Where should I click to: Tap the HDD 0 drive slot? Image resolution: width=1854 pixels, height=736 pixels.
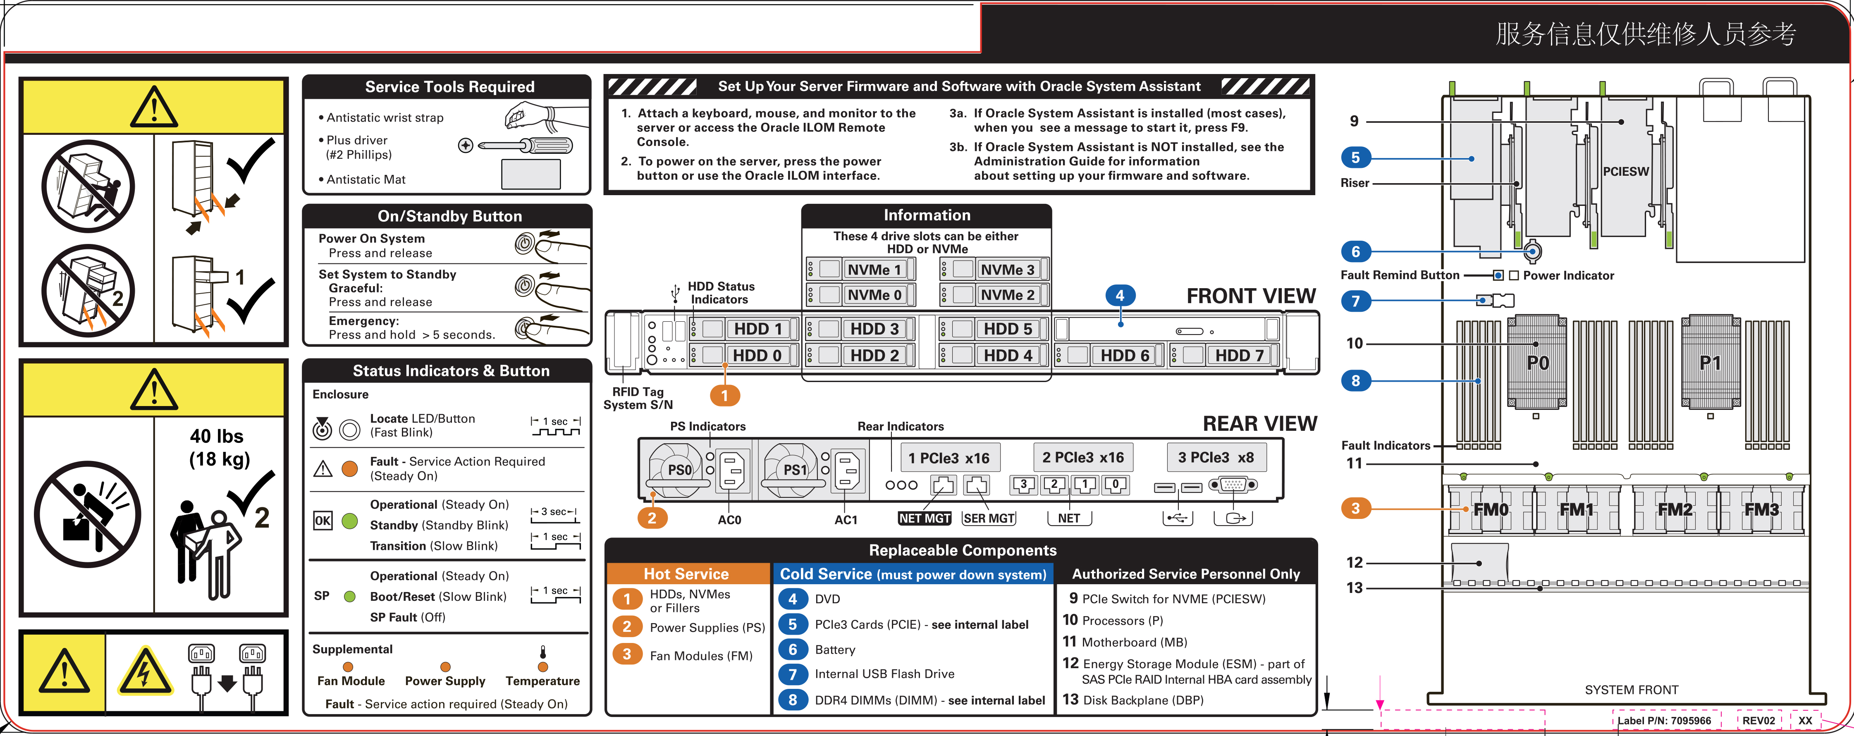click(x=756, y=356)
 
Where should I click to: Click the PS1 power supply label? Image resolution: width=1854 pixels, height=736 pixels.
click(x=795, y=470)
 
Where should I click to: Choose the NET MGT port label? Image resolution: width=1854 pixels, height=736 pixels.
click(x=925, y=518)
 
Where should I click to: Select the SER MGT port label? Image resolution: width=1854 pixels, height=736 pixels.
click(x=989, y=518)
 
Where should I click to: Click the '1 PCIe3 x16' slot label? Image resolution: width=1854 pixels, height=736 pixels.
click(x=949, y=458)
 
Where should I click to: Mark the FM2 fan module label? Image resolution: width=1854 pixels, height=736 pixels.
click(x=1675, y=509)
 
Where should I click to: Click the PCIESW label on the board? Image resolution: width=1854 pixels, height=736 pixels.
click(x=1625, y=171)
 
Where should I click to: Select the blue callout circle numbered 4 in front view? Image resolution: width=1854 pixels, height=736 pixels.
click(x=1120, y=295)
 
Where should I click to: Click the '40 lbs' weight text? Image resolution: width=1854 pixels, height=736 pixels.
click(x=217, y=436)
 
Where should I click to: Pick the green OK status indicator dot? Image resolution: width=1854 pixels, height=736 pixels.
click(x=350, y=521)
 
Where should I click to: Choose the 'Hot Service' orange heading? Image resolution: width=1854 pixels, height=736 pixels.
click(x=686, y=574)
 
